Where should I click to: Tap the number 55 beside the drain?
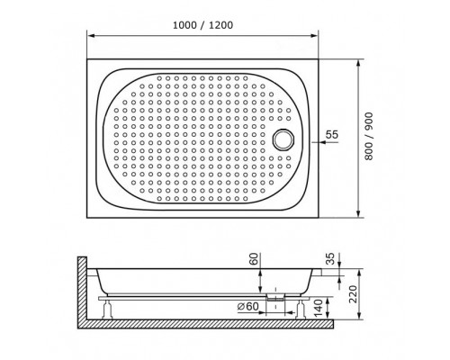point(331,135)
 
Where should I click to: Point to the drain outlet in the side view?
point(273,293)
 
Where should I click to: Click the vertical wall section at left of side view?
point(82,288)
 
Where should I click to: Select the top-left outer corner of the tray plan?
point(88,60)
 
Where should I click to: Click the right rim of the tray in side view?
point(319,268)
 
